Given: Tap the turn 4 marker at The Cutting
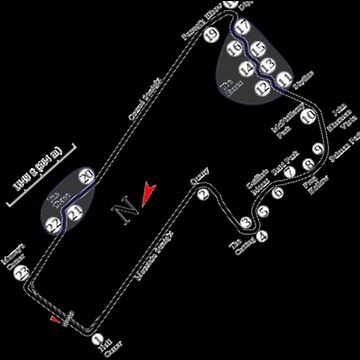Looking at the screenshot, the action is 261,237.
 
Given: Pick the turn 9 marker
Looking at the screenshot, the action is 318,151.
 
